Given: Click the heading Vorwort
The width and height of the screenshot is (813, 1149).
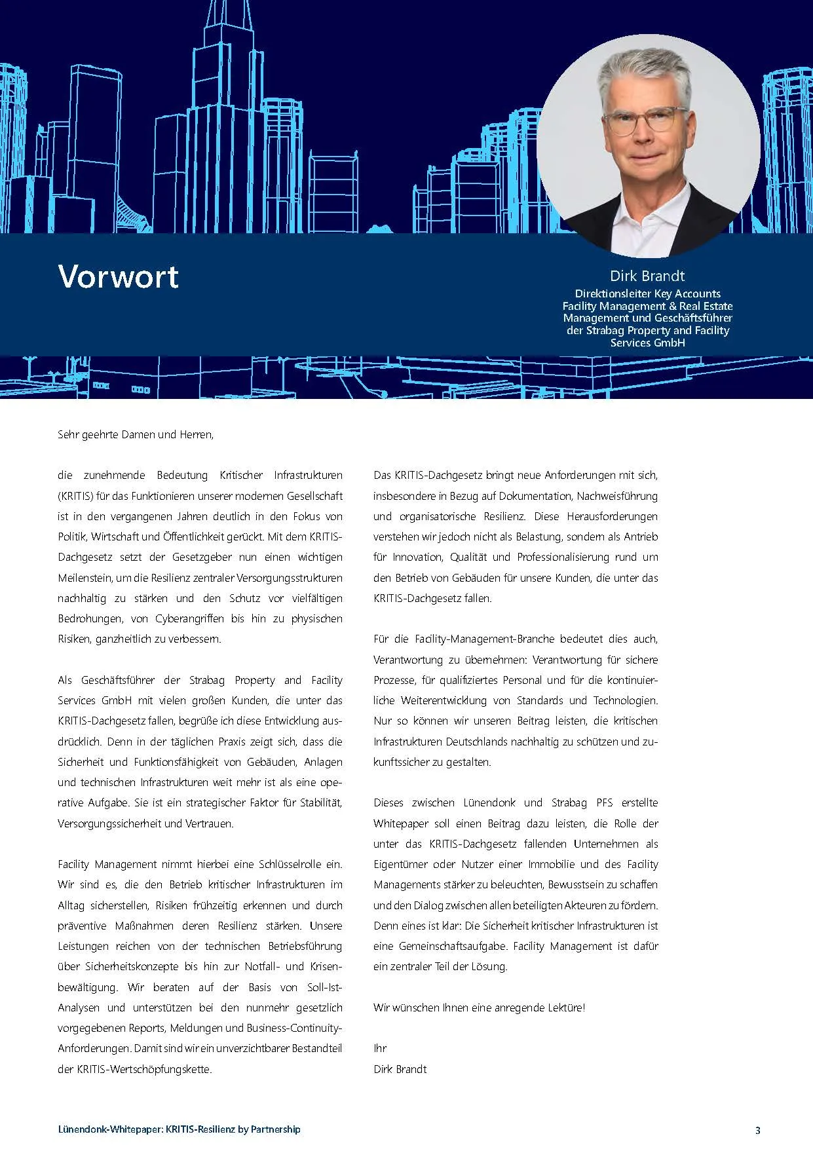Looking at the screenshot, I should [x=118, y=276].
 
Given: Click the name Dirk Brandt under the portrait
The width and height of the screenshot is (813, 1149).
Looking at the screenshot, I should [x=647, y=276].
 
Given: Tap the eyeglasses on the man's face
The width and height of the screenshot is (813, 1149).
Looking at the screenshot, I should [x=645, y=120].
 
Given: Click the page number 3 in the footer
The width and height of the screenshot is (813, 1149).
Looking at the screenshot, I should [x=758, y=1130].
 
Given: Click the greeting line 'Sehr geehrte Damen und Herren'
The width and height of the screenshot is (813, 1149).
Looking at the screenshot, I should [x=135, y=434].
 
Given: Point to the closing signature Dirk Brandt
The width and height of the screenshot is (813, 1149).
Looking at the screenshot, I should [x=400, y=1069].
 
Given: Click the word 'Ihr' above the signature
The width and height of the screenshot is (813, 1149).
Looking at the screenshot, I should [x=380, y=1048].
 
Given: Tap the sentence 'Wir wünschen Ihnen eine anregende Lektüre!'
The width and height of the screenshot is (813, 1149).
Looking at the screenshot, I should [x=479, y=1008].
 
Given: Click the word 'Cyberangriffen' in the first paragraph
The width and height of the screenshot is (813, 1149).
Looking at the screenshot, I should [x=189, y=618].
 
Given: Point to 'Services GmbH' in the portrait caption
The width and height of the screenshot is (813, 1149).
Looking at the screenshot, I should [x=647, y=343].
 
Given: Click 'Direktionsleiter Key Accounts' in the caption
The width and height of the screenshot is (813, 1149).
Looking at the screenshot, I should [x=647, y=293].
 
